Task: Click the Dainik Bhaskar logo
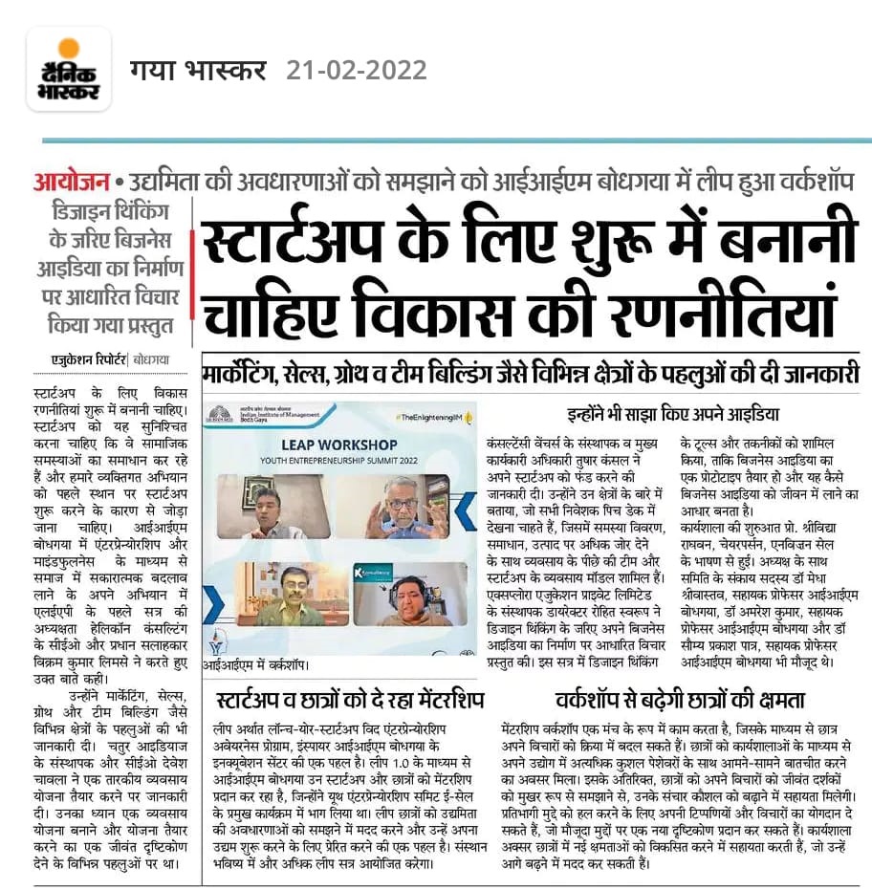(68, 69)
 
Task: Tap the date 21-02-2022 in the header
(357, 70)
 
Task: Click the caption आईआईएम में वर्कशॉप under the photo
(253, 660)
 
